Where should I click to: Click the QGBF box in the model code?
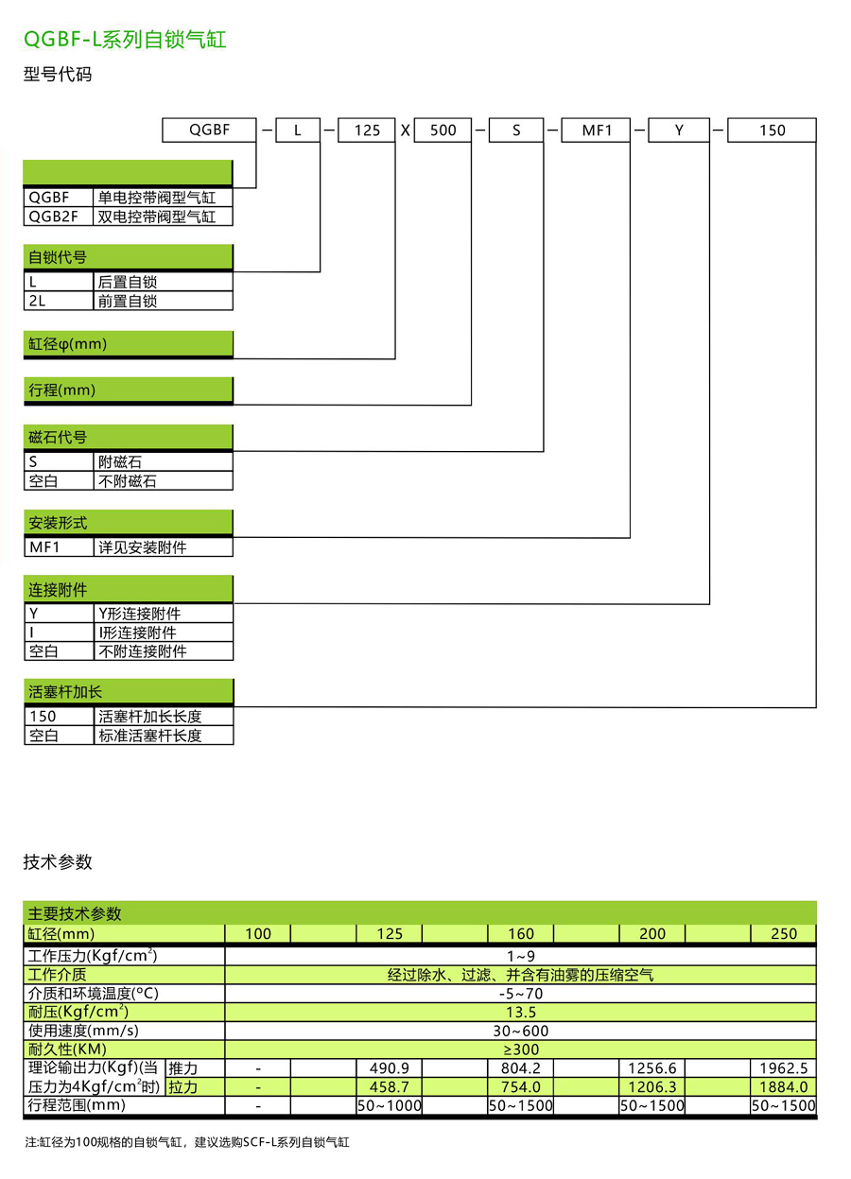pyautogui.click(x=209, y=130)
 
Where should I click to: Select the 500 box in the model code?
pyautogui.click(x=443, y=130)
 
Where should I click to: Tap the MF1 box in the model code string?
pyautogui.click(x=597, y=130)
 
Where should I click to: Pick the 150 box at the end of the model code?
pyautogui.click(x=772, y=130)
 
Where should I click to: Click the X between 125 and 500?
pyautogui.click(x=405, y=130)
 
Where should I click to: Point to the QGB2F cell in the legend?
pyautogui.click(x=59, y=217)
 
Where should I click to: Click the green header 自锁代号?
pyautogui.click(x=128, y=257)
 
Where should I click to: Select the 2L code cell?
pyautogui.click(x=59, y=302)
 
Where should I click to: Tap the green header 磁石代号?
pyautogui.click(x=128, y=437)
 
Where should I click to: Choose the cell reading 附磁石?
pyautogui.click(x=163, y=462)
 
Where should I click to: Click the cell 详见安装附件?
pyautogui.click(x=163, y=547)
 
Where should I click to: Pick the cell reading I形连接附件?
pyautogui.click(x=163, y=633)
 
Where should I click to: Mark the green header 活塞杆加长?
pyautogui.click(x=128, y=692)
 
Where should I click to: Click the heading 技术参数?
pyautogui.click(x=58, y=861)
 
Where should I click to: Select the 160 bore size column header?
pyautogui.click(x=520, y=933)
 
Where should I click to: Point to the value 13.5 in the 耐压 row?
pyautogui.click(x=520, y=1012)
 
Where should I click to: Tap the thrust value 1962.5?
pyautogui.click(x=783, y=1068)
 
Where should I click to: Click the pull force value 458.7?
pyautogui.click(x=389, y=1087)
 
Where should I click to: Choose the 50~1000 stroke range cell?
pyautogui.click(x=389, y=1106)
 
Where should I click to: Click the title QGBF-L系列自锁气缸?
pyautogui.click(x=125, y=40)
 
